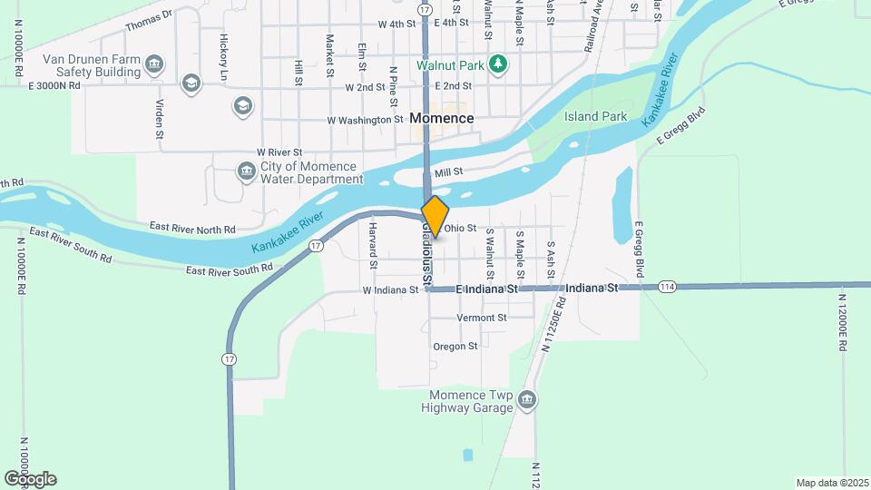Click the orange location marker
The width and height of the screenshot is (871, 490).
pyautogui.click(x=435, y=217)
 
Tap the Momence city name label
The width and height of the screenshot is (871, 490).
pyautogui.click(x=442, y=118)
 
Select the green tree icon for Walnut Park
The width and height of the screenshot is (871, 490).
pyautogui.click(x=497, y=64)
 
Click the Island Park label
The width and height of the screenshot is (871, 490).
pyautogui.click(x=595, y=117)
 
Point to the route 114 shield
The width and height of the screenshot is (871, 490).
pyautogui.click(x=668, y=287)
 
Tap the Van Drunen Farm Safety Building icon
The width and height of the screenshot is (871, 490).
pyautogui.click(x=155, y=64)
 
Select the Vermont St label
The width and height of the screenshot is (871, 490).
pyautogui.click(x=482, y=318)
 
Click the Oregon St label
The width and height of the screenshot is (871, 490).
pyautogui.click(x=455, y=347)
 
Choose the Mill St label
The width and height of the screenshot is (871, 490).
pyautogui.click(x=448, y=171)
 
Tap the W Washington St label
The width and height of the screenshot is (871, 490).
pyautogui.click(x=365, y=120)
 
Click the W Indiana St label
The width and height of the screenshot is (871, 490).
pyautogui.click(x=390, y=290)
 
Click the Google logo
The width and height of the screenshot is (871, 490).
pyautogui.click(x=30, y=479)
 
